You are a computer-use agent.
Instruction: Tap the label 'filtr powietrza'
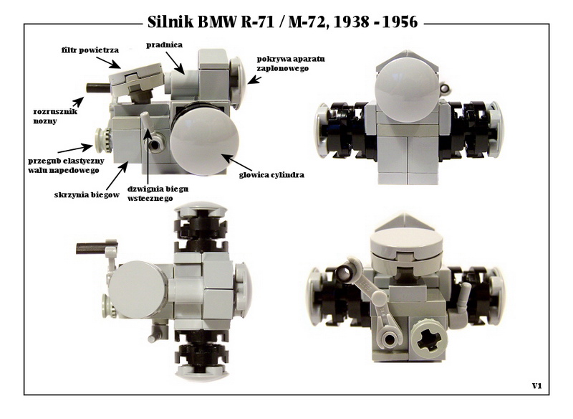tap(90, 50)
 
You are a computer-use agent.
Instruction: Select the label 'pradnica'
tap(165, 45)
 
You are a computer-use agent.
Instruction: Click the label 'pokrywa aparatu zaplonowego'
tap(291, 64)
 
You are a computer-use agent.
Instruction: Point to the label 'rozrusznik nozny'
tap(55, 116)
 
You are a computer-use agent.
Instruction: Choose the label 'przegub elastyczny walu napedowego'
tap(66, 166)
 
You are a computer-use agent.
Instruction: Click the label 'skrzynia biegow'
tap(87, 194)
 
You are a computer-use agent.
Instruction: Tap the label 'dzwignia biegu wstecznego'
tap(158, 194)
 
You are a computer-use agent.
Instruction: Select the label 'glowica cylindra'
tap(271, 175)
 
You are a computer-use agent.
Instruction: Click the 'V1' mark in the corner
tap(536, 386)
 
